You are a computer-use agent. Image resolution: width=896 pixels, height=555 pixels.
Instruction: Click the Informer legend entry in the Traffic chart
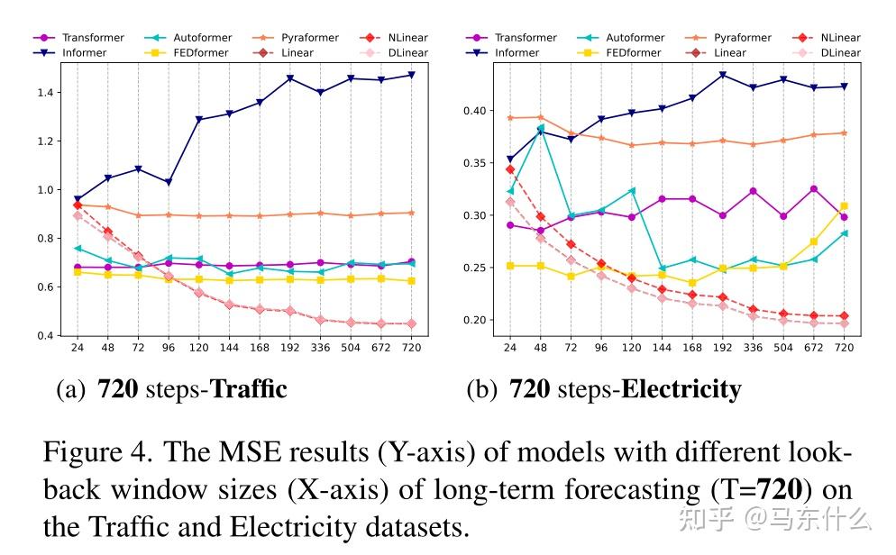coord(84,52)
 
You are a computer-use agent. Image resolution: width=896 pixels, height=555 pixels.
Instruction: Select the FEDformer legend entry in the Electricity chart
coord(632,52)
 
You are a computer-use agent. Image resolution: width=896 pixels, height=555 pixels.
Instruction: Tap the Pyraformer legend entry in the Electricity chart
coord(742,38)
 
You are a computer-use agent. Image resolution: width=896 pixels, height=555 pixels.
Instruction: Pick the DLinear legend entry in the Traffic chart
coord(407,52)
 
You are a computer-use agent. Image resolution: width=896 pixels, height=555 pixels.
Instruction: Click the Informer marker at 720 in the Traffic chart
coord(411,75)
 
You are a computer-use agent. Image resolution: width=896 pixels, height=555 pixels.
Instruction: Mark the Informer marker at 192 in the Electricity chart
coord(722,74)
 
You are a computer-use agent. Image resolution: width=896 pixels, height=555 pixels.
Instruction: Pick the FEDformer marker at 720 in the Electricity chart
coord(844,206)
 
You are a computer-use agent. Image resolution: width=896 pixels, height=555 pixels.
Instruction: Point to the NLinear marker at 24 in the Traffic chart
coord(77,205)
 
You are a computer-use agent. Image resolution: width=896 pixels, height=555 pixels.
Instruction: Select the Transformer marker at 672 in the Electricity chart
coord(814,189)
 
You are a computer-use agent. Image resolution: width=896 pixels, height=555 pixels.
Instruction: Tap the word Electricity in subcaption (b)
coord(681,389)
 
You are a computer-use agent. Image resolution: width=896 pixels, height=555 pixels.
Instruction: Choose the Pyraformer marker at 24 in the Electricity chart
coord(510,118)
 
